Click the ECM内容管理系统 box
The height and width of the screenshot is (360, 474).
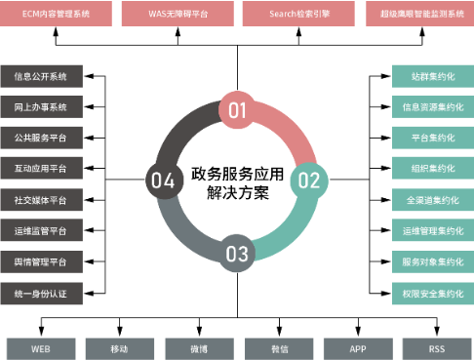click(x=55, y=15)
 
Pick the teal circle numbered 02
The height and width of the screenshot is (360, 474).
click(x=308, y=180)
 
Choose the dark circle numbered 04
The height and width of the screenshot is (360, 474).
click(x=163, y=180)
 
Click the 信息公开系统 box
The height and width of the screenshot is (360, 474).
click(x=41, y=76)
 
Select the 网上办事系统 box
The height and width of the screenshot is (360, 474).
click(x=41, y=107)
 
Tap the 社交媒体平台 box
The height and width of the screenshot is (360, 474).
click(x=41, y=200)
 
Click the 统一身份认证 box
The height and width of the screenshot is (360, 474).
click(x=41, y=293)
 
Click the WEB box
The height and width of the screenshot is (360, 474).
click(x=40, y=348)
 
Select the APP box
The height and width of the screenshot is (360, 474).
click(x=357, y=348)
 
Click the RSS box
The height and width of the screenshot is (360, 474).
click(x=435, y=348)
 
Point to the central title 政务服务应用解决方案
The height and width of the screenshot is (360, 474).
click(x=237, y=180)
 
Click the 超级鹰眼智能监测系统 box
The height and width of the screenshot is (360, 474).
click(x=417, y=15)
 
